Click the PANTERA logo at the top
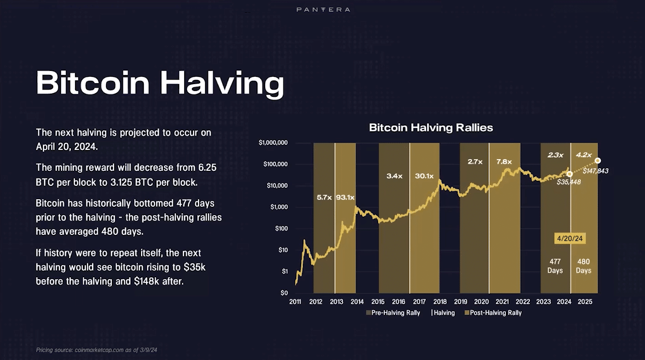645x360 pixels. (x=323, y=10)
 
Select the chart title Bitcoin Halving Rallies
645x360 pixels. (x=431, y=128)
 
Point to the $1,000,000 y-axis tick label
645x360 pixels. (x=273, y=143)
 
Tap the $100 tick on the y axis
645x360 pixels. (x=281, y=229)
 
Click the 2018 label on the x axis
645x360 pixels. (x=439, y=302)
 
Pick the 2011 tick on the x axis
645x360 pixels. (x=295, y=302)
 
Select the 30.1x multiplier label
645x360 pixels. (x=424, y=176)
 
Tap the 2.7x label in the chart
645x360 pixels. (x=474, y=162)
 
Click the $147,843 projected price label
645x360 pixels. (x=595, y=171)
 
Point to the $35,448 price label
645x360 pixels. (x=569, y=182)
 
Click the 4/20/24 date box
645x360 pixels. (x=569, y=238)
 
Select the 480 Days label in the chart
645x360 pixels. (x=584, y=266)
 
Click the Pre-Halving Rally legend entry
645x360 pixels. (x=393, y=313)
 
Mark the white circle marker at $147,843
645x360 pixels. (x=598, y=160)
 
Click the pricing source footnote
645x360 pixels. (x=97, y=350)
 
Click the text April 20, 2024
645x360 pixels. (x=66, y=147)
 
